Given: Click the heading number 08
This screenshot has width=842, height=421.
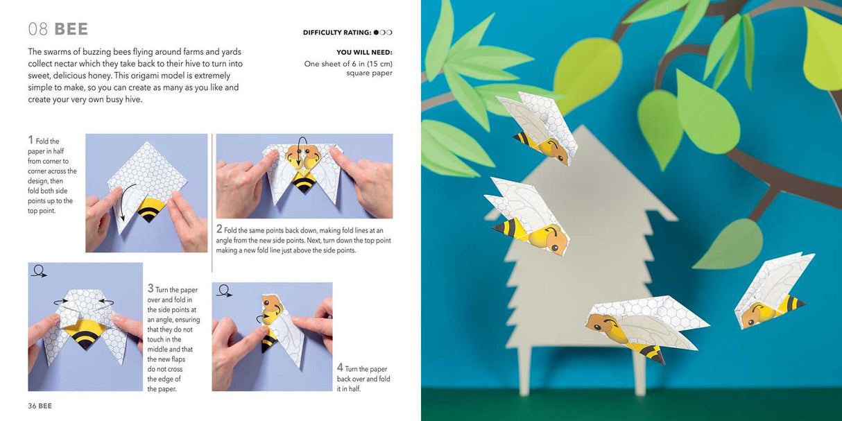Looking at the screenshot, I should [37, 29].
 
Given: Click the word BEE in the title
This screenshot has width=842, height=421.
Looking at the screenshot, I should [71, 29].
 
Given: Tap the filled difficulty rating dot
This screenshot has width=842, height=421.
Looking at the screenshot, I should [377, 33].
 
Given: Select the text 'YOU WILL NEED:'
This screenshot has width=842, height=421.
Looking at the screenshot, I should [364, 52].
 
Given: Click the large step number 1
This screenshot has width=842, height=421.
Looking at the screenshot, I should [31, 139].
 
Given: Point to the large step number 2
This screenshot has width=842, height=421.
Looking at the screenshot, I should [219, 228].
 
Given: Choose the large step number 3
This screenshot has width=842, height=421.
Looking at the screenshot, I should [151, 288].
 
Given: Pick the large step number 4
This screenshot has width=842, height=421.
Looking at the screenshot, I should [340, 368].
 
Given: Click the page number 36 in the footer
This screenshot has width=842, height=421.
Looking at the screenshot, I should [32, 406].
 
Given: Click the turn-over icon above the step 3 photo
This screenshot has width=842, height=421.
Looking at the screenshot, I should [39, 271].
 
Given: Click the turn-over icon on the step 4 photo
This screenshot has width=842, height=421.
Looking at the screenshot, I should [223, 291].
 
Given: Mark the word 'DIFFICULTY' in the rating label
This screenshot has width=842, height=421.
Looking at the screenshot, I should [323, 33].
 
